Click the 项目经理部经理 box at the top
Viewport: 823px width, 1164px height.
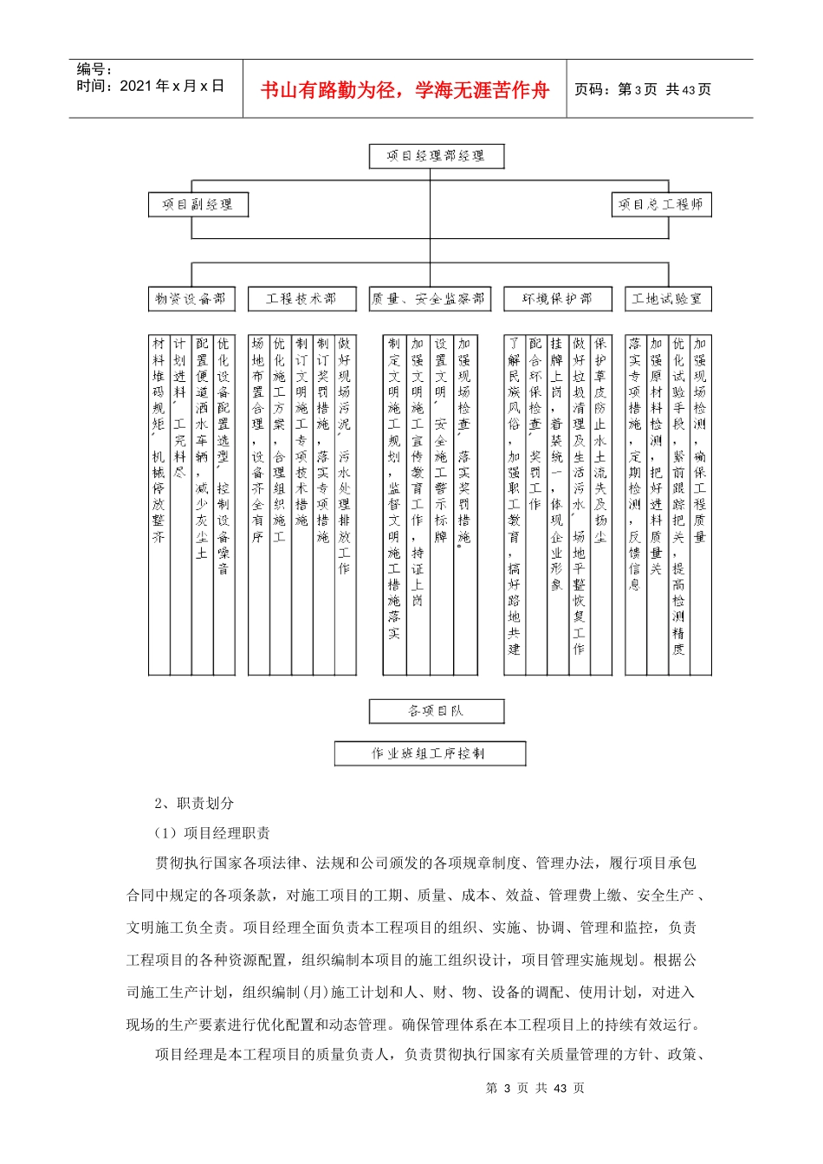pos(436,156)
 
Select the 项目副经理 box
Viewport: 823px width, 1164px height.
pos(198,204)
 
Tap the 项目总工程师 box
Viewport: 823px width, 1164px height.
pos(661,204)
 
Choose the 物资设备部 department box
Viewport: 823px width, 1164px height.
pos(191,299)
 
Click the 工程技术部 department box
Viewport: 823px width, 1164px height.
pos(301,299)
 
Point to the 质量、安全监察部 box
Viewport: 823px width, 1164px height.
pos(429,299)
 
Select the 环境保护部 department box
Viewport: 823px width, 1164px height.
pos(557,299)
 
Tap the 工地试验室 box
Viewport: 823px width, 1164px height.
pos(667,299)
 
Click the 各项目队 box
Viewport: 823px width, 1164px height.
pos(436,711)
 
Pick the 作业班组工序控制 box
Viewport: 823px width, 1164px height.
pos(430,753)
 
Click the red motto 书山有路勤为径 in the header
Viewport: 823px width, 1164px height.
pos(405,90)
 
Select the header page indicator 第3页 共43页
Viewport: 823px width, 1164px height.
pos(642,90)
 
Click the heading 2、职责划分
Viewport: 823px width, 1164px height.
pos(194,803)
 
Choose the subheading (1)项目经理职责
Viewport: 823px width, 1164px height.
pos(212,833)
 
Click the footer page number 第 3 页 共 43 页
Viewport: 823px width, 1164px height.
pos(535,1088)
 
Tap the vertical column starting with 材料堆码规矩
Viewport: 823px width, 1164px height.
pos(159,442)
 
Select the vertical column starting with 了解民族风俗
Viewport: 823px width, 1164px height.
pos(515,494)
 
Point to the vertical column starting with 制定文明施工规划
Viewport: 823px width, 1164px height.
pos(394,489)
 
